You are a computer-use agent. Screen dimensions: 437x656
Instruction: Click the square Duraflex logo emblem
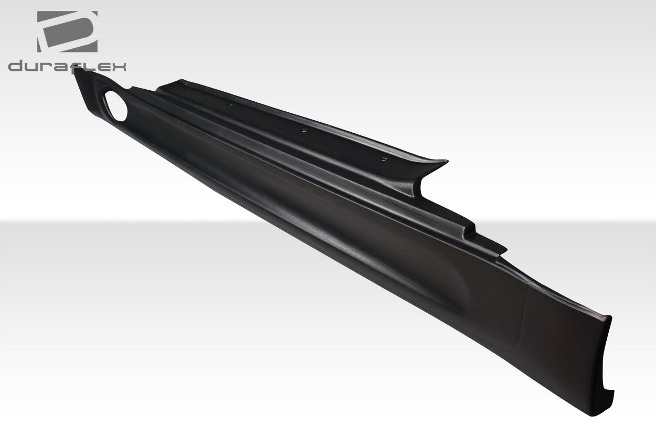67,31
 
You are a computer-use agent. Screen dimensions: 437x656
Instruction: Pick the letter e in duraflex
103,67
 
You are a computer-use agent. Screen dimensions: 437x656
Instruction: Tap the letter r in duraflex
47,67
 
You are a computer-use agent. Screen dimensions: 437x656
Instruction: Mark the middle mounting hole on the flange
302,130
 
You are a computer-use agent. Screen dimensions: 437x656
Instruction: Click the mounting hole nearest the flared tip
385,157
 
